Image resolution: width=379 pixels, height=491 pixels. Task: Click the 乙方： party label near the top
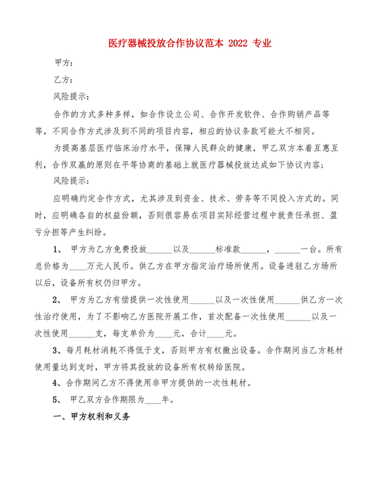[64, 79]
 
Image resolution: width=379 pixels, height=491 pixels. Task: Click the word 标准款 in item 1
[227, 250]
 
